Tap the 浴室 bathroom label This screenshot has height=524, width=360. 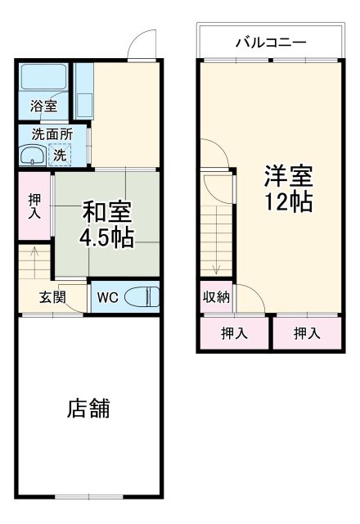point(43,106)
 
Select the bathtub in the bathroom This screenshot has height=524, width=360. point(45,79)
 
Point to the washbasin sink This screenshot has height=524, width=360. point(34,156)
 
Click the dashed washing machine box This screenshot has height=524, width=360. point(60,154)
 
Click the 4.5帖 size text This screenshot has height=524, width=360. point(106,237)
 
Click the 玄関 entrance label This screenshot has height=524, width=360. point(52,297)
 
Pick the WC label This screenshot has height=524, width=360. point(107,297)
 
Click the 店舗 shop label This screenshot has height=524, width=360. point(89,409)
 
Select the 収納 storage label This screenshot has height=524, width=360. point(217,298)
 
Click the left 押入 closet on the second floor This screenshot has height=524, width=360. point(234,333)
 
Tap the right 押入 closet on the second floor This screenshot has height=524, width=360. point(307,333)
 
